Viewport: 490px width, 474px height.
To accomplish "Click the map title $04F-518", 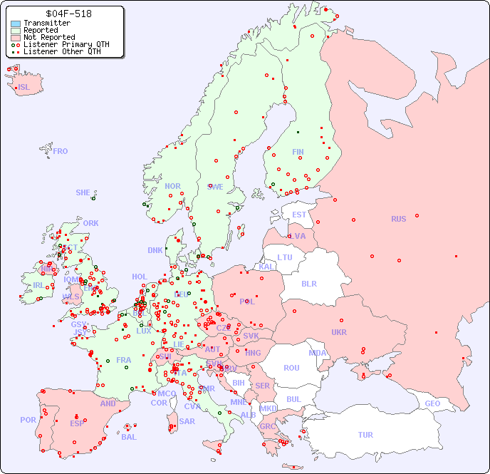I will (68, 14).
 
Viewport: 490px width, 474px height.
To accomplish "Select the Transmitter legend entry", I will (47, 24).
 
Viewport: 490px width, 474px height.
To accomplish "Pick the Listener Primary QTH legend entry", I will (66, 44).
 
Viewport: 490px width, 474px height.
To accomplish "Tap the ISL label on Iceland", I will (24, 88).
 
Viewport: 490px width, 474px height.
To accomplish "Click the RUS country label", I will (398, 219).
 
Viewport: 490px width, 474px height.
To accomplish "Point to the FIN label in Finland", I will (298, 152).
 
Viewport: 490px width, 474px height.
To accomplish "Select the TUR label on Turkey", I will (365, 435).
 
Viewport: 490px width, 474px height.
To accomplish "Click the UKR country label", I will (339, 332).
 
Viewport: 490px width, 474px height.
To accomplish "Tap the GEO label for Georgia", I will (432, 403).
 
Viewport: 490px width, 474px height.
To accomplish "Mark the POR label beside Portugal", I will (28, 420).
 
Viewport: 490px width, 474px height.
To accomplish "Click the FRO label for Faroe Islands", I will (61, 151).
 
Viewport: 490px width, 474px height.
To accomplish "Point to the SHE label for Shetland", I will (83, 192).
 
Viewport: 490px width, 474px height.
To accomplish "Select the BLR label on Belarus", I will (309, 283).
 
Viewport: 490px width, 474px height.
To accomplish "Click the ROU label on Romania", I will (291, 368).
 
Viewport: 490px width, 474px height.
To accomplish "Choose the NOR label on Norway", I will (172, 186).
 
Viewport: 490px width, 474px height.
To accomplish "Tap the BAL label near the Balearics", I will (128, 437).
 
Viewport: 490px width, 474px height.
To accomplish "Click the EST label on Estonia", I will (299, 215).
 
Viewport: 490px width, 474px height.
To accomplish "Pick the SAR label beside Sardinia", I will (187, 421).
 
